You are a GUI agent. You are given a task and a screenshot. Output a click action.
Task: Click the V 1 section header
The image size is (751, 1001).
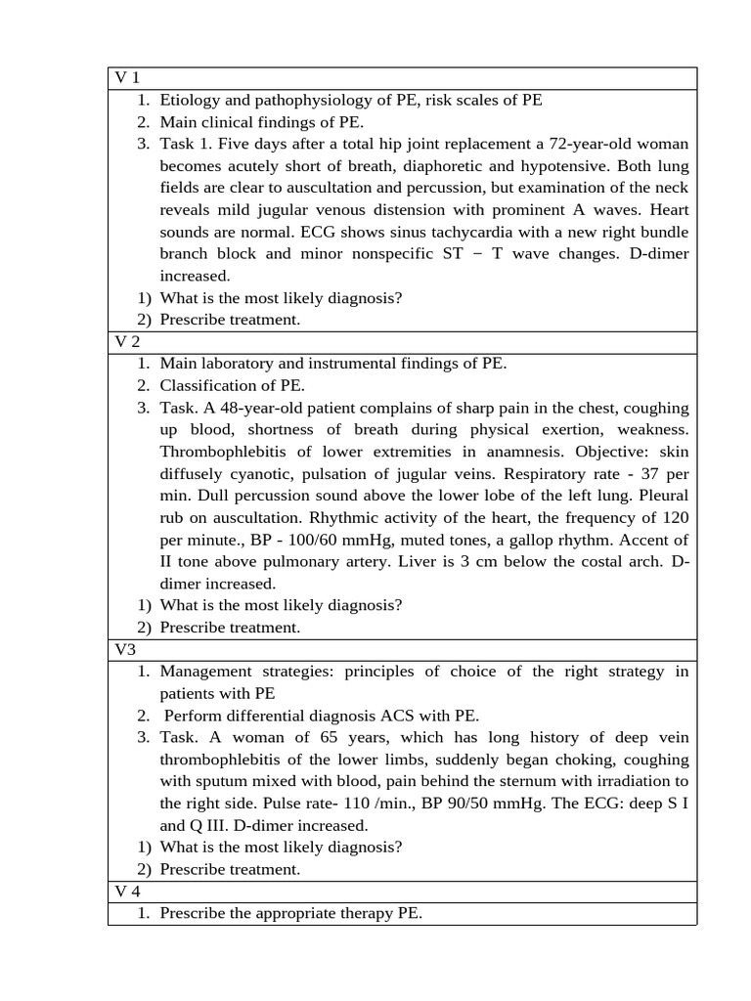(x=127, y=78)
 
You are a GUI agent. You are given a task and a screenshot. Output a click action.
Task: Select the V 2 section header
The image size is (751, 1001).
(x=127, y=342)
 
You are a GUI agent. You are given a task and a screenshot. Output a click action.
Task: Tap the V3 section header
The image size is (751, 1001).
(x=125, y=650)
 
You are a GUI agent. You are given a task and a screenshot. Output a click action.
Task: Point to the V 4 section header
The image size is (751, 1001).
(x=127, y=892)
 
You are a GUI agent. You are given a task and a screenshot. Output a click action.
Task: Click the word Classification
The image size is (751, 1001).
(x=206, y=385)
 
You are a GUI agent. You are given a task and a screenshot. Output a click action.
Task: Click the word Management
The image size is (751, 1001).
(x=206, y=672)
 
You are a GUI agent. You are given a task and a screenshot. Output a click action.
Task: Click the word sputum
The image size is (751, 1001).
(x=226, y=781)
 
